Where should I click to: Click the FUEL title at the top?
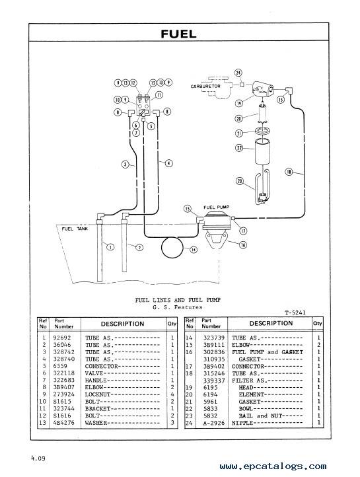pos(178,34)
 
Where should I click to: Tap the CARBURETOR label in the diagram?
pos(205,87)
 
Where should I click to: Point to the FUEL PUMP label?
pos(217,207)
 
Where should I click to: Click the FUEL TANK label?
pos(75,229)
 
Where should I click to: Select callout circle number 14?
pos(194,250)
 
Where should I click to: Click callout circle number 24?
pos(238,73)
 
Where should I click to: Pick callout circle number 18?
pos(289,172)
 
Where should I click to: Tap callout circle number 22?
pos(239,148)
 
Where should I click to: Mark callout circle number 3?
pos(126,165)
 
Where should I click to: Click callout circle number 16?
pos(242,244)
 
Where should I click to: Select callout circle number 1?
pos(110,246)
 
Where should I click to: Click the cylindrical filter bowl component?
pos(262,151)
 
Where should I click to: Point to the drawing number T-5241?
pos(295,312)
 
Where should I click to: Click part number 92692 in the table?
pos(61,338)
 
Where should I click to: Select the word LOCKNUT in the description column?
pos(98,394)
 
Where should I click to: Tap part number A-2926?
pos(214,423)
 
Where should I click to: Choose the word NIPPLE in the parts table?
pos(242,423)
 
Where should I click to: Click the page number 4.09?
pos(38,458)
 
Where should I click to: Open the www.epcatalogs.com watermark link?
pos(273,466)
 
